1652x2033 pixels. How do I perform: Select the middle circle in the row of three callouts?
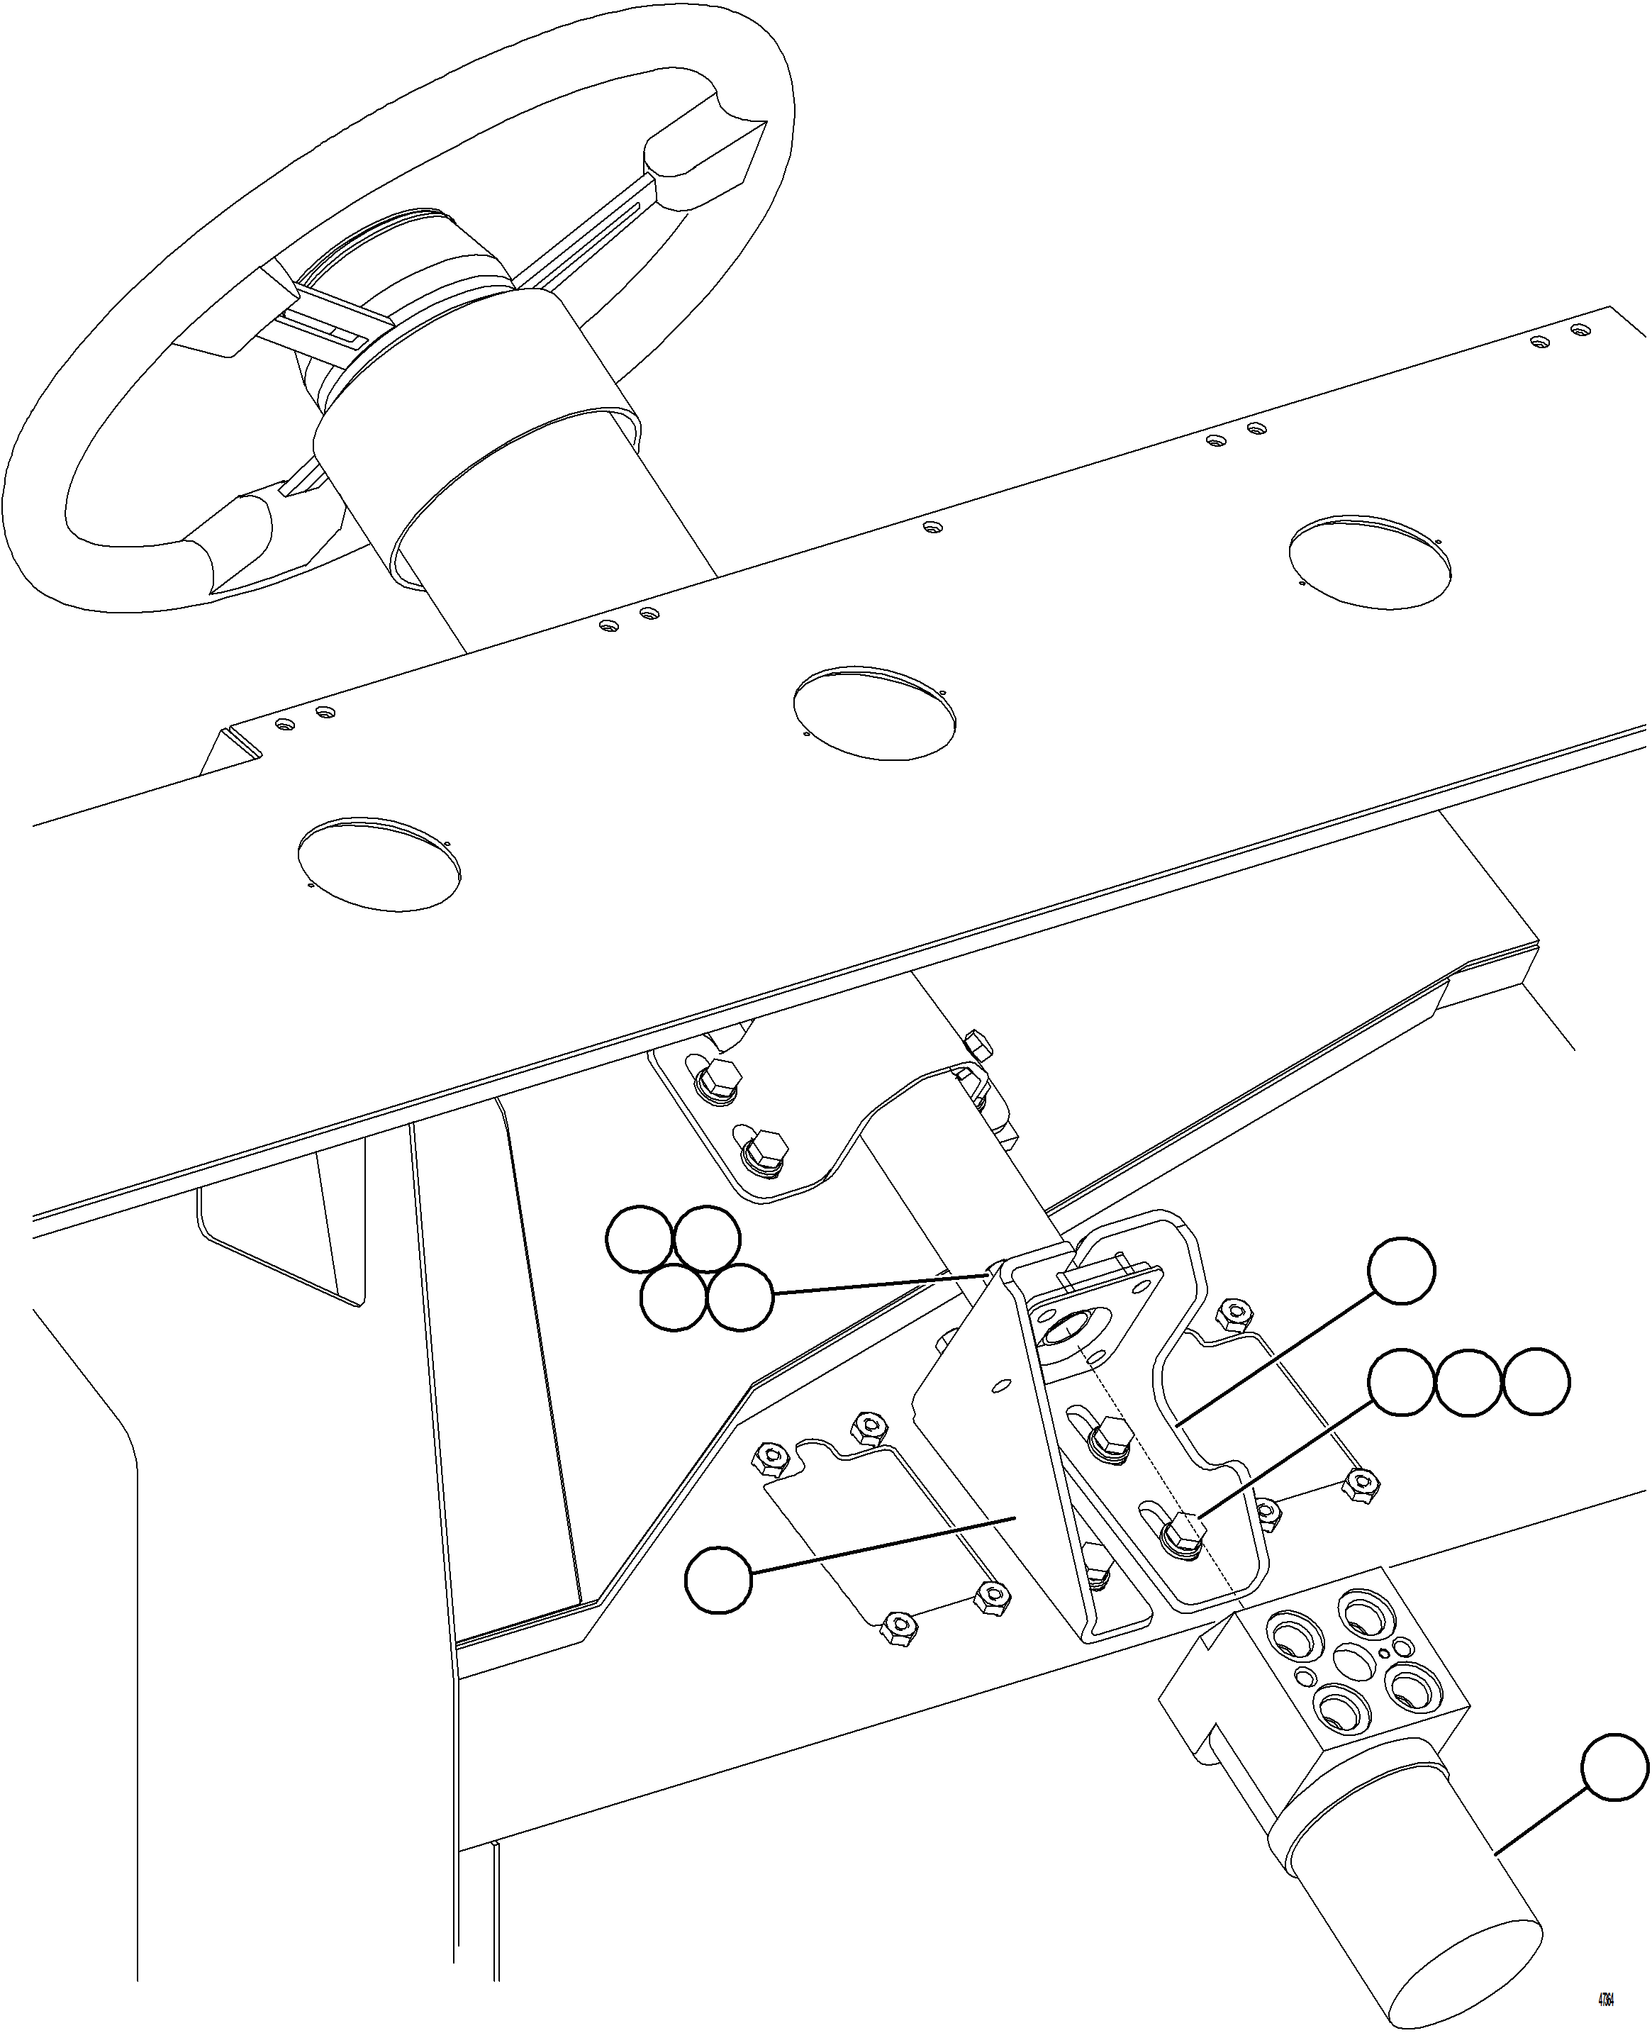(x=1468, y=1382)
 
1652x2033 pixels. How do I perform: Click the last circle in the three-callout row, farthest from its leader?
(x=1536, y=1382)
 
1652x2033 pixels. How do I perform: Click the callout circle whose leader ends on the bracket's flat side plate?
(x=718, y=1580)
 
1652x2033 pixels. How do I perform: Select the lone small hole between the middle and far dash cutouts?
(x=932, y=526)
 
